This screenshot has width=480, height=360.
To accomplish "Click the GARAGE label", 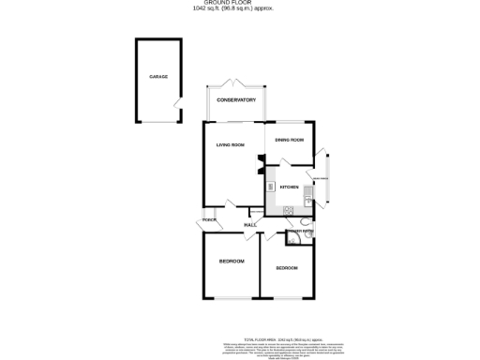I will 157,77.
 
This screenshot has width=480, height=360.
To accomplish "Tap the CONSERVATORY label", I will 236,99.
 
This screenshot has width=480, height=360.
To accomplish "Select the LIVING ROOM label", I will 230,145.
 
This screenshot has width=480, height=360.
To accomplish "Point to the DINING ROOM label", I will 290,140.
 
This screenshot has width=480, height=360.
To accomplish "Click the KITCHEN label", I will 289,186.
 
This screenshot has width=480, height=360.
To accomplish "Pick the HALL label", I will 250,226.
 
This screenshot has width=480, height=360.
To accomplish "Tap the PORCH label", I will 208,221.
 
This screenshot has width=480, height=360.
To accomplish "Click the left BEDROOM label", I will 231,261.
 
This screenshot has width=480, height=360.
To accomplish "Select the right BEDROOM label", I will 287,269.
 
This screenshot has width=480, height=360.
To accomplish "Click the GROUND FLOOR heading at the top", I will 239,4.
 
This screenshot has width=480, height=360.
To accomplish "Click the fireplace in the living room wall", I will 261,165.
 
